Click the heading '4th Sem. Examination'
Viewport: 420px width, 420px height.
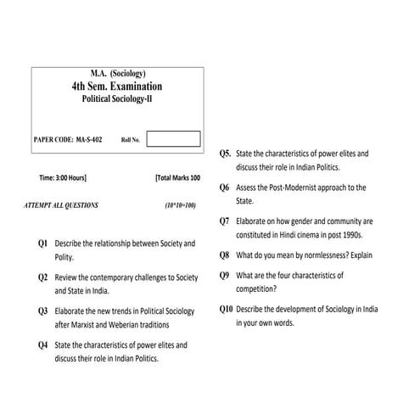pyautogui.click(x=117, y=87)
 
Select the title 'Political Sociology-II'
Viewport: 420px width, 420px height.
pyautogui.click(x=117, y=99)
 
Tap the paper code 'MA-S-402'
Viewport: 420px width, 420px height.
pyautogui.click(x=87, y=138)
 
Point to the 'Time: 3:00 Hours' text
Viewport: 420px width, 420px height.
pyautogui.click(x=63, y=179)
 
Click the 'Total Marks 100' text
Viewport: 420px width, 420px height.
pyautogui.click(x=178, y=179)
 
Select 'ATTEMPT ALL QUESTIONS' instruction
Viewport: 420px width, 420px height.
pyautogui.click(x=63, y=205)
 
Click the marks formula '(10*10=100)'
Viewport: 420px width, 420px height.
pyautogui.click(x=180, y=205)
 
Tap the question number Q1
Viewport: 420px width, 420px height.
pyautogui.click(x=43, y=244)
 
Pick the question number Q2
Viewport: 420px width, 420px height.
pyautogui.click(x=43, y=277)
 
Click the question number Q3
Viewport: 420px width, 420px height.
pyautogui.click(x=43, y=311)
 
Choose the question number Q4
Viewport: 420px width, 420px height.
pyautogui.click(x=43, y=345)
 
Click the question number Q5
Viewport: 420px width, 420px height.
pyautogui.click(x=225, y=154)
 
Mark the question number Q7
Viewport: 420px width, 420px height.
pyautogui.click(x=224, y=221)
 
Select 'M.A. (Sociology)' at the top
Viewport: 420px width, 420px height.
pyautogui.click(x=117, y=74)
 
